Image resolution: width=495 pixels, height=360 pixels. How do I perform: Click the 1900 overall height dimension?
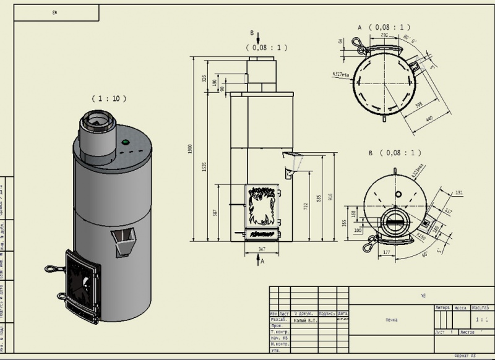pyautogui.click(x=192, y=148)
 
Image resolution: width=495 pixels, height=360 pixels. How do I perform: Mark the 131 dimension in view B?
pyautogui.click(x=458, y=193)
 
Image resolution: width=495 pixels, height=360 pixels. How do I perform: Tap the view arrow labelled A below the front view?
pyautogui.click(x=260, y=260)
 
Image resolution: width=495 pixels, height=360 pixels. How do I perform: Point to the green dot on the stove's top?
pyautogui.click(x=126, y=142)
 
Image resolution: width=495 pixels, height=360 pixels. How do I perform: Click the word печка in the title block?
pyautogui.click(x=390, y=320)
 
